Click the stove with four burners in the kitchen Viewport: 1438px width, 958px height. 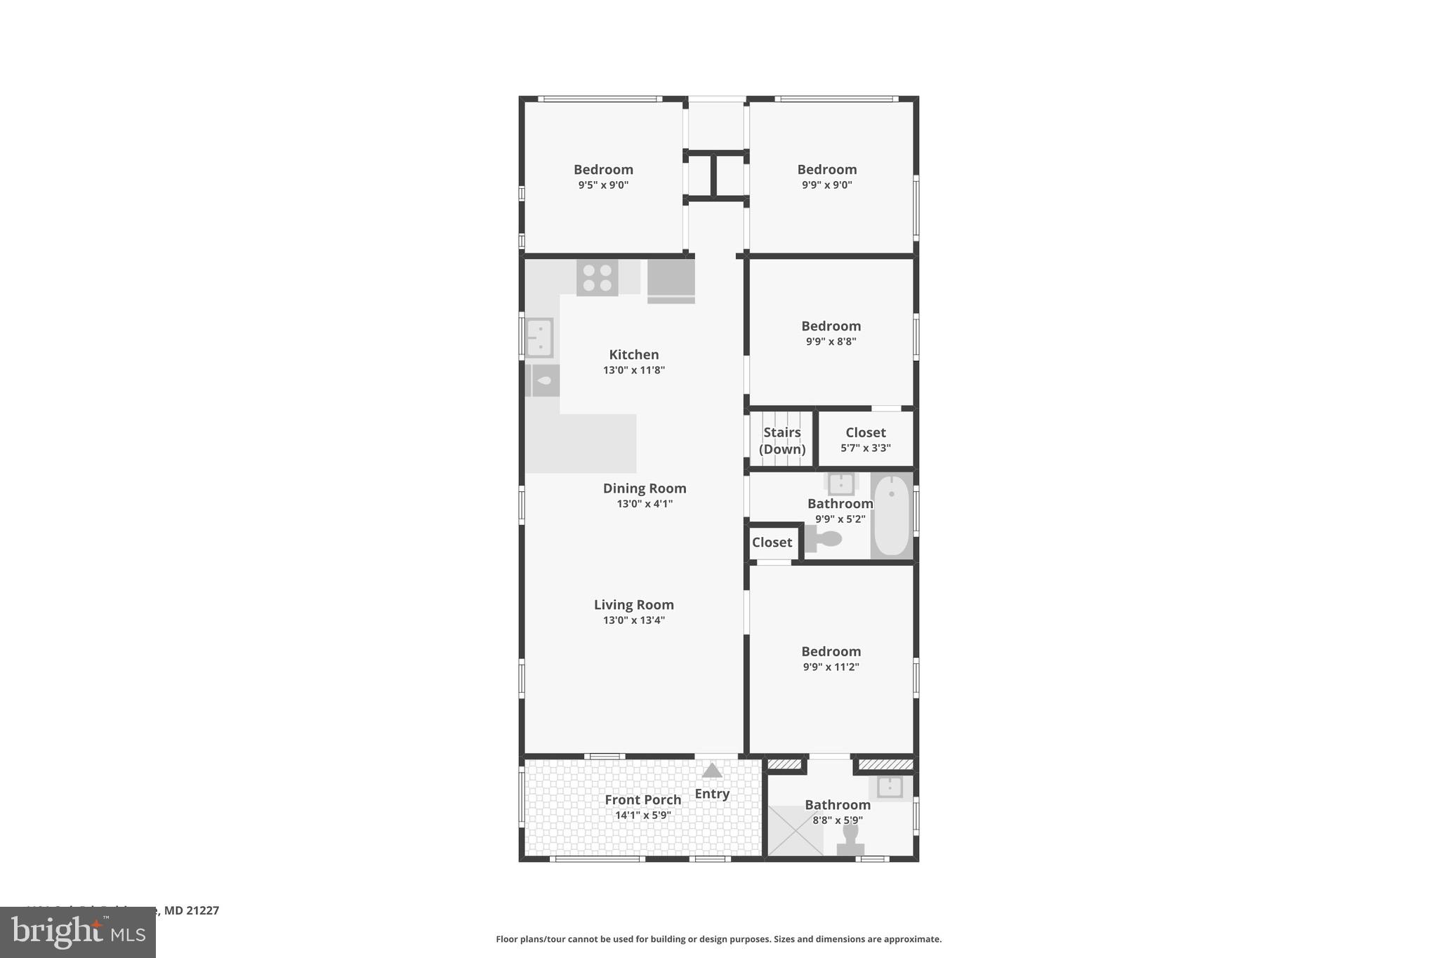[x=598, y=277]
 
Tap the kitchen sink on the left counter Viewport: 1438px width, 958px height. [x=540, y=338]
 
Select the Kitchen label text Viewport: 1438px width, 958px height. [x=633, y=354]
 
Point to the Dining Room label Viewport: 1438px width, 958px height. [x=645, y=488]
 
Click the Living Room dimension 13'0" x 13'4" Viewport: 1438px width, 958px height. [x=633, y=620]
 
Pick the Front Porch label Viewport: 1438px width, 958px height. [x=643, y=799]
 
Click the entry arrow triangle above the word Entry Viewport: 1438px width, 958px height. [x=712, y=771]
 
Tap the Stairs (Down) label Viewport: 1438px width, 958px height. [x=781, y=441]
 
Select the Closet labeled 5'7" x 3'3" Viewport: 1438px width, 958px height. [x=865, y=439]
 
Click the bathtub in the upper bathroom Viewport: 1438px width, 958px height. [x=892, y=515]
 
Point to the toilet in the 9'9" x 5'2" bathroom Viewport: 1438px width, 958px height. [x=824, y=539]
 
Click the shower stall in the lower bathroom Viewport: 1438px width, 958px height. [x=795, y=830]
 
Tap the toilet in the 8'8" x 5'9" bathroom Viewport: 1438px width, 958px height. [x=850, y=839]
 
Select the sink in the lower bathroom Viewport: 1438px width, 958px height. [x=890, y=787]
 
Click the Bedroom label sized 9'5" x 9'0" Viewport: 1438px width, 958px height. [x=603, y=169]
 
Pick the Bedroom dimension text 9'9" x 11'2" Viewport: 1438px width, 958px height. [x=831, y=667]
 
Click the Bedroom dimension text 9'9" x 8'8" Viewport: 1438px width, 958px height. [x=831, y=342]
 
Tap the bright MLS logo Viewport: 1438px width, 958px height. [x=78, y=933]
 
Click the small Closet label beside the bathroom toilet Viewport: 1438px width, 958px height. [x=772, y=543]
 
